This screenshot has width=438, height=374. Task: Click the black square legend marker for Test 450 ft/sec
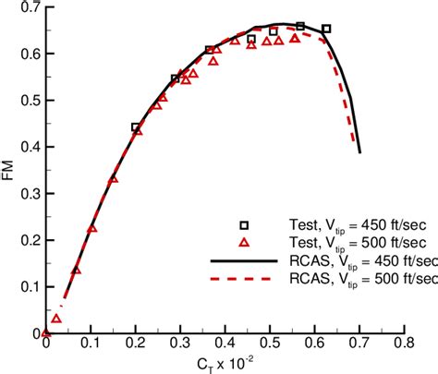[x=245, y=223]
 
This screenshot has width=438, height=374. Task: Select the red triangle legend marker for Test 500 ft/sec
[x=245, y=242]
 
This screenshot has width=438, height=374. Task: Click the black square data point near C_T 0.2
[x=136, y=127]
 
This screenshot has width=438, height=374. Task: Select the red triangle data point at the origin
[x=46, y=332]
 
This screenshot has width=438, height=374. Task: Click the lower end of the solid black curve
[x=359, y=151]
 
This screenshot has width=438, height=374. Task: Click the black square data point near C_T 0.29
[x=176, y=79]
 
